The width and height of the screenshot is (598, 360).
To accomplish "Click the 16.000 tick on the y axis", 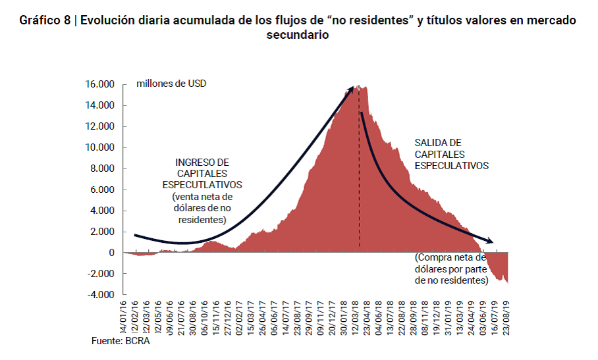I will point(101,84).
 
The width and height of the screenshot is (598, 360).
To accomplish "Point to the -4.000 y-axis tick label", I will point(102,295).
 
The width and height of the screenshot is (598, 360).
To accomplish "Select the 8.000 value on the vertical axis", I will point(103,168).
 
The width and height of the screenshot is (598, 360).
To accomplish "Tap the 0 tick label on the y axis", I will point(111,253).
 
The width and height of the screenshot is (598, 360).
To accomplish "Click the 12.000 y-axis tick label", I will point(101,126).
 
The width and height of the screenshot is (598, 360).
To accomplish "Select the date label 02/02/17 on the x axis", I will point(238,319).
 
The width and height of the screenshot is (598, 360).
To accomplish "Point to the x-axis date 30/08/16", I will point(191,319).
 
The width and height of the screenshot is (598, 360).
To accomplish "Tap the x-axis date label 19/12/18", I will point(435,319).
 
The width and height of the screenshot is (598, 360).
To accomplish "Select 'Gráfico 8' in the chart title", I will point(45,20).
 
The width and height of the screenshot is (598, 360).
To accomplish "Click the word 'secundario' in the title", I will point(298,36).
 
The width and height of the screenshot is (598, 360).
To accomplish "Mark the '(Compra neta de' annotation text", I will point(450,257).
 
